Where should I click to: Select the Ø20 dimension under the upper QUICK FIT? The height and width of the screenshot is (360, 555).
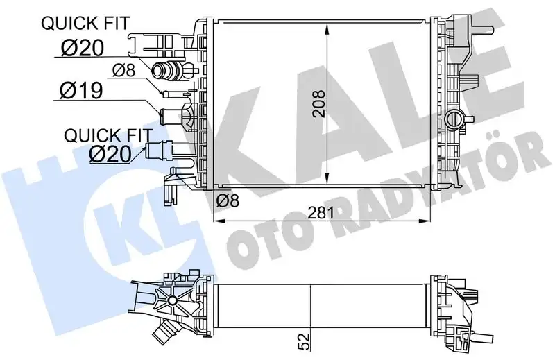[x=81, y=48]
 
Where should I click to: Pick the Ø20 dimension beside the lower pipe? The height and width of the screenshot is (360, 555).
[x=110, y=153]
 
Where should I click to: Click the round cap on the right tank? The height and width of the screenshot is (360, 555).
[x=456, y=119]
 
